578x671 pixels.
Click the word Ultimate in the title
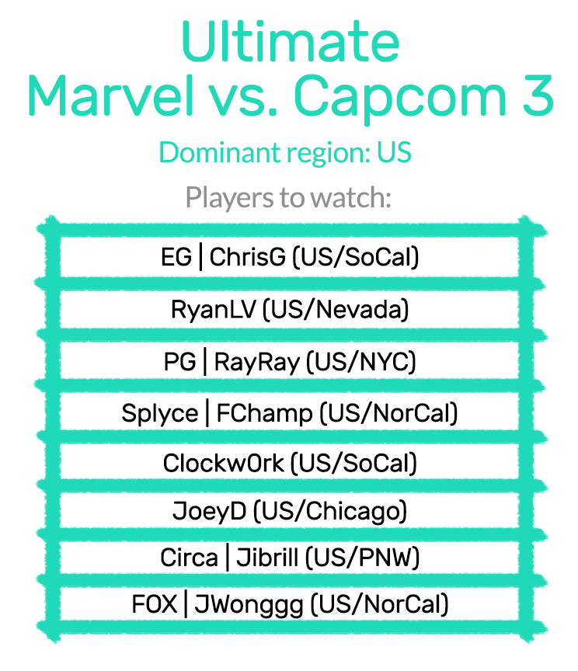pos(290,41)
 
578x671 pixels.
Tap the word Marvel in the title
pos(110,95)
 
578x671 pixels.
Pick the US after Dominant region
pos(394,152)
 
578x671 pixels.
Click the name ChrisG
pos(248,257)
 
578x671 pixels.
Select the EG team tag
pos(176,257)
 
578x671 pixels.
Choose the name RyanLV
pos(213,310)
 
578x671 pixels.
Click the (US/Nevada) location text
pos(336,309)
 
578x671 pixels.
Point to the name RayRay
pos(257,363)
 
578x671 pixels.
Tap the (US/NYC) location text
pos(361,362)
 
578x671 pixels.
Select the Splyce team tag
pos(160,414)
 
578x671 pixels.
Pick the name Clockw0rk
pos(223,463)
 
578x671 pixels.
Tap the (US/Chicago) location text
pos(330,511)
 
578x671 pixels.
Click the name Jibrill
pos(267,558)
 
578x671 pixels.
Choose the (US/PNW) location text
pos(362,558)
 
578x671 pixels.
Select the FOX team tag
pos(154,604)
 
